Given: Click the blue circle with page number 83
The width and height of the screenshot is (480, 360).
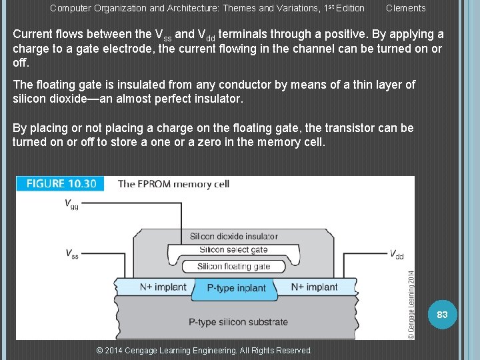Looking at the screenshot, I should pyautogui.click(x=441, y=314).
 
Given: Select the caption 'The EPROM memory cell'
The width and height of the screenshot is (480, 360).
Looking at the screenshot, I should pyautogui.click(x=173, y=184).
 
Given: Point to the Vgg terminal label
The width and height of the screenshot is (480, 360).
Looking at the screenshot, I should pyautogui.click(x=71, y=204).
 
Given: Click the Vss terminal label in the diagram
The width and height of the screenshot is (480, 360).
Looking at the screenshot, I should pyautogui.click(x=71, y=253).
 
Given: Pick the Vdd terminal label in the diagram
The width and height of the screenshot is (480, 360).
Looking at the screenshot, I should pyautogui.click(x=396, y=253).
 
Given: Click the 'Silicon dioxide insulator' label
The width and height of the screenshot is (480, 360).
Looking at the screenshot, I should pyautogui.click(x=233, y=236).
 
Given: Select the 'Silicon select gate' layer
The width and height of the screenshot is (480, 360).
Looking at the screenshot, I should pyautogui.click(x=233, y=250).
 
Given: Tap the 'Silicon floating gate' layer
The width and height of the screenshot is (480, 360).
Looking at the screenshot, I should pyautogui.click(x=233, y=266).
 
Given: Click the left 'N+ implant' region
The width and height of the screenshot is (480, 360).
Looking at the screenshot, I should pyautogui.click(x=163, y=287).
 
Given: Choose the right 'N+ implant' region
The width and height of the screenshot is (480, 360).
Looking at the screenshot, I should pyautogui.click(x=314, y=287).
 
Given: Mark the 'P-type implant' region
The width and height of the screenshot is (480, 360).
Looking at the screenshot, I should pyautogui.click(x=236, y=289).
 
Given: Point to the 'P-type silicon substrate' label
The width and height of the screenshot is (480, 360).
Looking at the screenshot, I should pyautogui.click(x=238, y=322).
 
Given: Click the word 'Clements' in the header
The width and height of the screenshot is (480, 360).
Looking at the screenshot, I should pyautogui.click(x=405, y=8).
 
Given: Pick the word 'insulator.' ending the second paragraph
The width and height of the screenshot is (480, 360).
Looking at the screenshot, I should pyautogui.click(x=219, y=99).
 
